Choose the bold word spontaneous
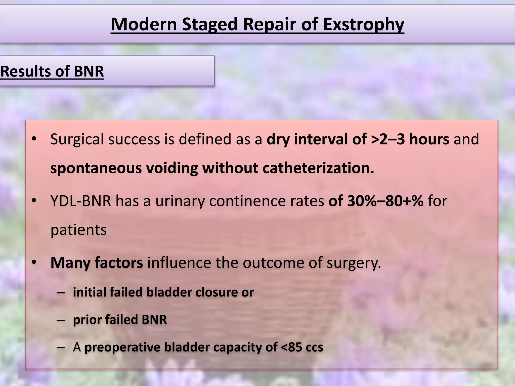pyautogui.click(x=96, y=168)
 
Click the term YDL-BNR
pyautogui.click(x=81, y=201)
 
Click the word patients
pyautogui.click(x=78, y=230)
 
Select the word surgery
pyautogui.click(x=354, y=263)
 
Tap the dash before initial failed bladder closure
pyautogui.click(x=61, y=293)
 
